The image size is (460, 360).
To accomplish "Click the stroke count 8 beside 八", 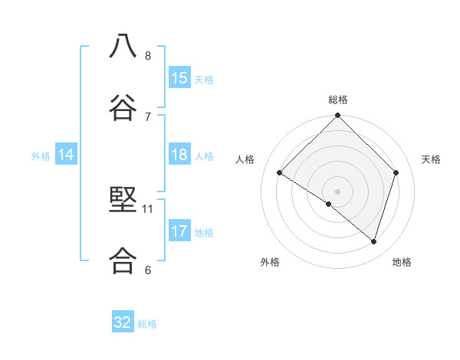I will pos(148,56).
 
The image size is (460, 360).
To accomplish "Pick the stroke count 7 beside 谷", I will pos(148,116).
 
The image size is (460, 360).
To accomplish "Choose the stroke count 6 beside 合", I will pos(148,270).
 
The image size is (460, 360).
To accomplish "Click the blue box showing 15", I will pos(179,78).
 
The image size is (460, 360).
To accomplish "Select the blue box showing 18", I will pos(179,155).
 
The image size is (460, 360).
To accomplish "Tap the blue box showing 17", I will pos(179,231).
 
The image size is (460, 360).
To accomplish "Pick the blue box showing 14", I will pos(66,155).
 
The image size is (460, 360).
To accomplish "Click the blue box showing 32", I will pos(123,322).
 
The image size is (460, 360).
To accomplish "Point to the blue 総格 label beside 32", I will pos(147,324).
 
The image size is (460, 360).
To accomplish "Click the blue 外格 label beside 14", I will pos(41,156).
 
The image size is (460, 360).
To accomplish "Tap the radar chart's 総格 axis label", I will pos(337,100).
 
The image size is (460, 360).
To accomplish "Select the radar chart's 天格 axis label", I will pos(431,159).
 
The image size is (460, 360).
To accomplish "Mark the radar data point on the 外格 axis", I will pos(328,205).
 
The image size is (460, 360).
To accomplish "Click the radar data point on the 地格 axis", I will pos(373,241).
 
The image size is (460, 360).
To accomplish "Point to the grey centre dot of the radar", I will pos(337,191).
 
